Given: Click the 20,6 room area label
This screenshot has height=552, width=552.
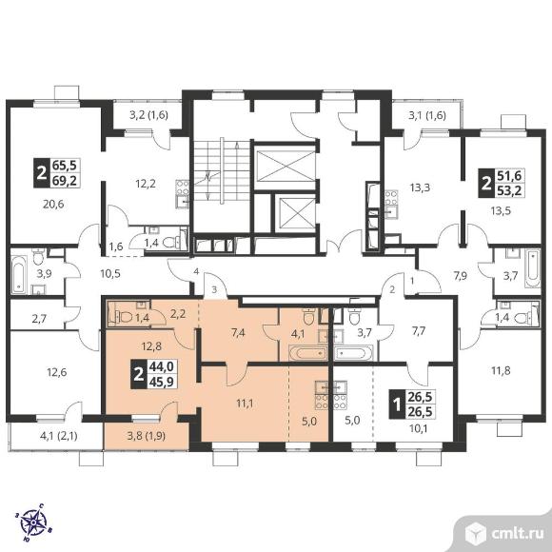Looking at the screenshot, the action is (53, 204).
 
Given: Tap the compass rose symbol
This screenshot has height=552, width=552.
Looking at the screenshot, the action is (32, 522).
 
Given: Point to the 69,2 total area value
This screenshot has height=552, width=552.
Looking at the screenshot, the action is (66, 181).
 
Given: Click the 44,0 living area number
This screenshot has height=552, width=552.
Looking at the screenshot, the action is (162, 367).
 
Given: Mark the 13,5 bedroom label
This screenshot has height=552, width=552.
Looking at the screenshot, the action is (501, 211).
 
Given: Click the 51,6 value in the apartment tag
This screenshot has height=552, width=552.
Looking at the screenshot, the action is (509, 176).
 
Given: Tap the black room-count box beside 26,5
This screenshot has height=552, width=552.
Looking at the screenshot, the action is (397, 404).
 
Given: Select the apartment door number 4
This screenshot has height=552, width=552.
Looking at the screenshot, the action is (196, 271).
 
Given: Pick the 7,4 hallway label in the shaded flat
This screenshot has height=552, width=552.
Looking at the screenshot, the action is (238, 332).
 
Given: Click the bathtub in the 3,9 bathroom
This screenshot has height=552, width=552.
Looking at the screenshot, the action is (18, 275).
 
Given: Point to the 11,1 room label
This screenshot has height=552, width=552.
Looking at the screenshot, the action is (245, 404).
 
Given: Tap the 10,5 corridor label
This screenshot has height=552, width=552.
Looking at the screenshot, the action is (110, 273).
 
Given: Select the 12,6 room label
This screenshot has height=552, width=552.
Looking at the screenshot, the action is (57, 372).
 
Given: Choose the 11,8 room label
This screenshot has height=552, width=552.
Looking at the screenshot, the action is (501, 371).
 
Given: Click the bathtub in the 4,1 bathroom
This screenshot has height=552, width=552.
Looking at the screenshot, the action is (308, 353).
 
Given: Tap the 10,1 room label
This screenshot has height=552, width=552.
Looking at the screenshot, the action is (418, 429).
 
